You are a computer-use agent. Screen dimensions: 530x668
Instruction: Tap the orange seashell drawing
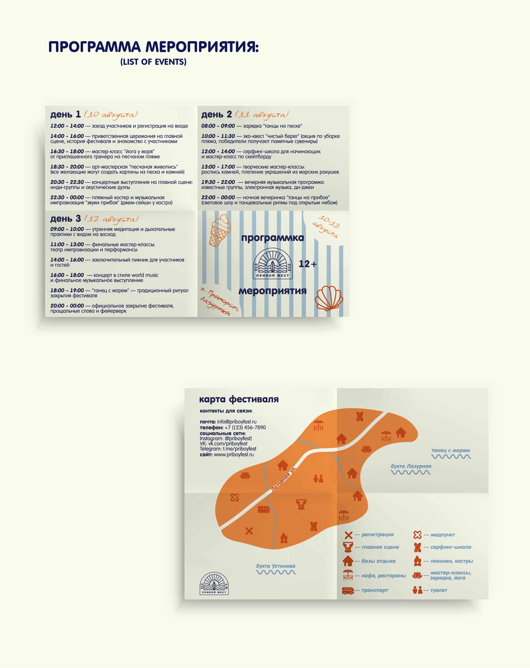[x=329, y=298]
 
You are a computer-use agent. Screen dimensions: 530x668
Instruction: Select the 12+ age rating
[x=308, y=264]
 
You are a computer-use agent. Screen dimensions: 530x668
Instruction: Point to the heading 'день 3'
[x=65, y=219]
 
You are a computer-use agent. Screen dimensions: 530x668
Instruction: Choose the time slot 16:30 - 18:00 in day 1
[x=67, y=152]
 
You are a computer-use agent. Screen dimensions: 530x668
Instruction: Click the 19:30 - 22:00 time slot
[x=218, y=182]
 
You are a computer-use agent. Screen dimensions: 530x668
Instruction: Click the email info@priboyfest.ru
[x=237, y=422]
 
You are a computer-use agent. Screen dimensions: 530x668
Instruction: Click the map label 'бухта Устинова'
[x=276, y=566]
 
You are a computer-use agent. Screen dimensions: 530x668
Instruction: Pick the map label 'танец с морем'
[x=451, y=451]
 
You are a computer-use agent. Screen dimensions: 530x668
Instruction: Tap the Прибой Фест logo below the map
[x=214, y=583]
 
